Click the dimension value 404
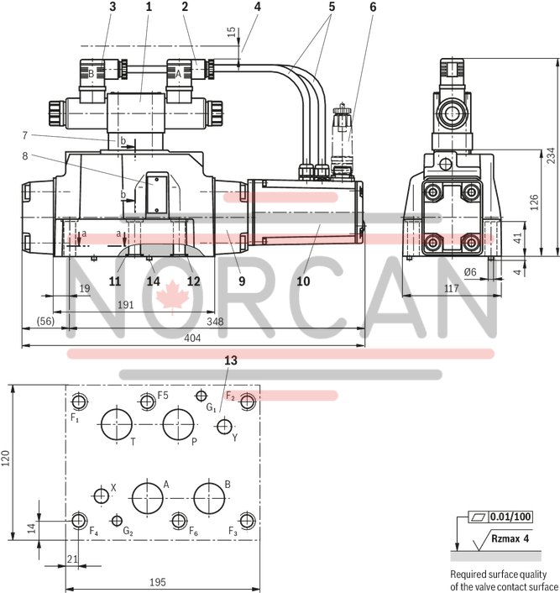coord(193,337)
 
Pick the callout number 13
coord(231,360)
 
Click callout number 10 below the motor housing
coord(303,281)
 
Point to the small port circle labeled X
coord(102,496)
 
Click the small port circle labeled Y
coord(223,427)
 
